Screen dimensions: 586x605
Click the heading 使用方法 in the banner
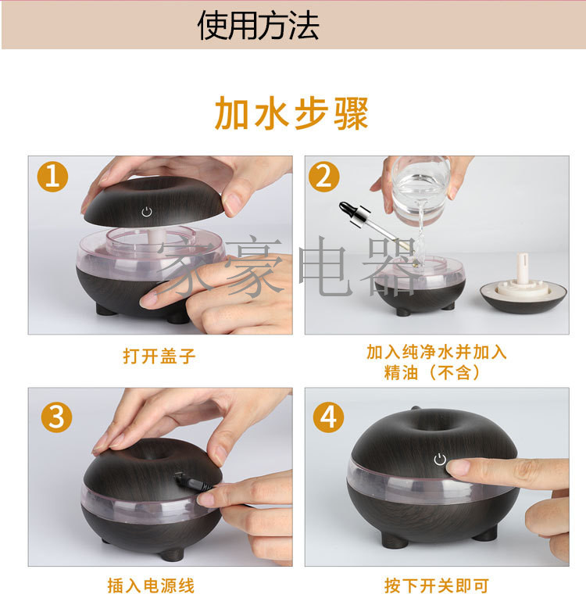tap(258, 26)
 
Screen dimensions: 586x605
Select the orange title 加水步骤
tap(291, 113)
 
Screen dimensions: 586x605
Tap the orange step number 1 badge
tap(52, 177)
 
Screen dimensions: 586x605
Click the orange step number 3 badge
tap(57, 417)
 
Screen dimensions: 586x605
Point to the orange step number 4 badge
tap(328, 417)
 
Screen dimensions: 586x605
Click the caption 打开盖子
tap(159, 356)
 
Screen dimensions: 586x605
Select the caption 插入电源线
tap(152, 585)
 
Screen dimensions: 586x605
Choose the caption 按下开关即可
tap(437, 585)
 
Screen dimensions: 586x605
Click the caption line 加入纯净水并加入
tap(436, 352)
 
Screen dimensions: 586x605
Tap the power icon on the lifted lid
tap(147, 212)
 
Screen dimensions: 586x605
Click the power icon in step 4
tap(440, 460)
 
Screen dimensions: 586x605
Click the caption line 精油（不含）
tap(432, 373)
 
